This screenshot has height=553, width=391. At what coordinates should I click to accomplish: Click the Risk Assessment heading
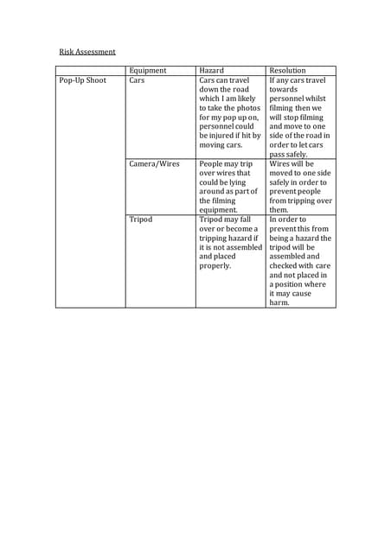87,52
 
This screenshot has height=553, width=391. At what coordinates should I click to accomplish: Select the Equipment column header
147,70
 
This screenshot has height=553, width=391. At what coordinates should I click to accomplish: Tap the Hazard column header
213,70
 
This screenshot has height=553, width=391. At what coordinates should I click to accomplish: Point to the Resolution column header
288,70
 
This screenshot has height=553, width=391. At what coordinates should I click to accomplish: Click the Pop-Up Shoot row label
82,80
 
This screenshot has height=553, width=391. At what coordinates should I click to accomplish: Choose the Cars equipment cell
137,80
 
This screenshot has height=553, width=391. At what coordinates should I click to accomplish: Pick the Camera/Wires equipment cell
154,163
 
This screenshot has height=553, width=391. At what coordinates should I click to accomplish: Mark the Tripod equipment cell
140,219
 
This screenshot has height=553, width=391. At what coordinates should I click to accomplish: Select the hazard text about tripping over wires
227,186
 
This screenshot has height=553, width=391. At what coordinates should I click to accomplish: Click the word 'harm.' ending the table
279,303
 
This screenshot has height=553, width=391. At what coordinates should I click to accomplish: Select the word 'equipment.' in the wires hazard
218,209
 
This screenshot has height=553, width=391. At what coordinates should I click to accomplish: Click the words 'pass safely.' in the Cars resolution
289,154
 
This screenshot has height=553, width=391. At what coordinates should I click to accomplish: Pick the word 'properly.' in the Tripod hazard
216,266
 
